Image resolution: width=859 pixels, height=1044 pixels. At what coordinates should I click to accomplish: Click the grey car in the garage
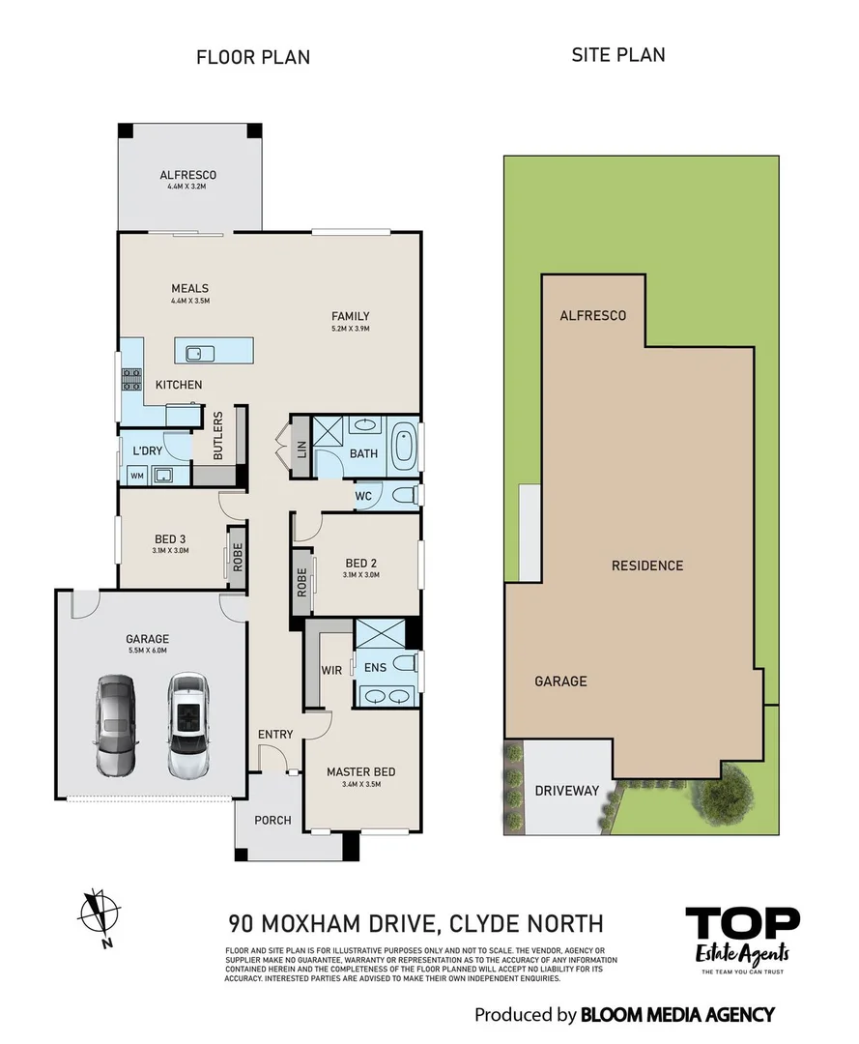point(116,725)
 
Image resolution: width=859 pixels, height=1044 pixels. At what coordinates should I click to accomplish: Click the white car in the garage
point(188,725)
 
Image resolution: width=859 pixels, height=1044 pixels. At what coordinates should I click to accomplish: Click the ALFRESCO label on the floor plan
point(188,175)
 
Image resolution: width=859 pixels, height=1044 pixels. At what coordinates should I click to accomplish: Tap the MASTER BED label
point(360,771)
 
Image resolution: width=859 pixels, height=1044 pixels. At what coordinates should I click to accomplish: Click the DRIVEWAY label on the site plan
point(567,791)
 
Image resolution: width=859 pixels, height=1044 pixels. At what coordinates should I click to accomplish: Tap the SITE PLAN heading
point(618,54)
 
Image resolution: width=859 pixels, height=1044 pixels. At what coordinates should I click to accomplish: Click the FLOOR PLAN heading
point(253,57)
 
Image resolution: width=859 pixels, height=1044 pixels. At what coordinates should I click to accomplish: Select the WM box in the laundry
point(136,475)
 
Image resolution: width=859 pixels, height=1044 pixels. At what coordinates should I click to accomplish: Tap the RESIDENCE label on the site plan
point(647,565)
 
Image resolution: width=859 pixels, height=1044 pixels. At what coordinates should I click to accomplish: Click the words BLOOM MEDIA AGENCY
point(677,1014)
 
